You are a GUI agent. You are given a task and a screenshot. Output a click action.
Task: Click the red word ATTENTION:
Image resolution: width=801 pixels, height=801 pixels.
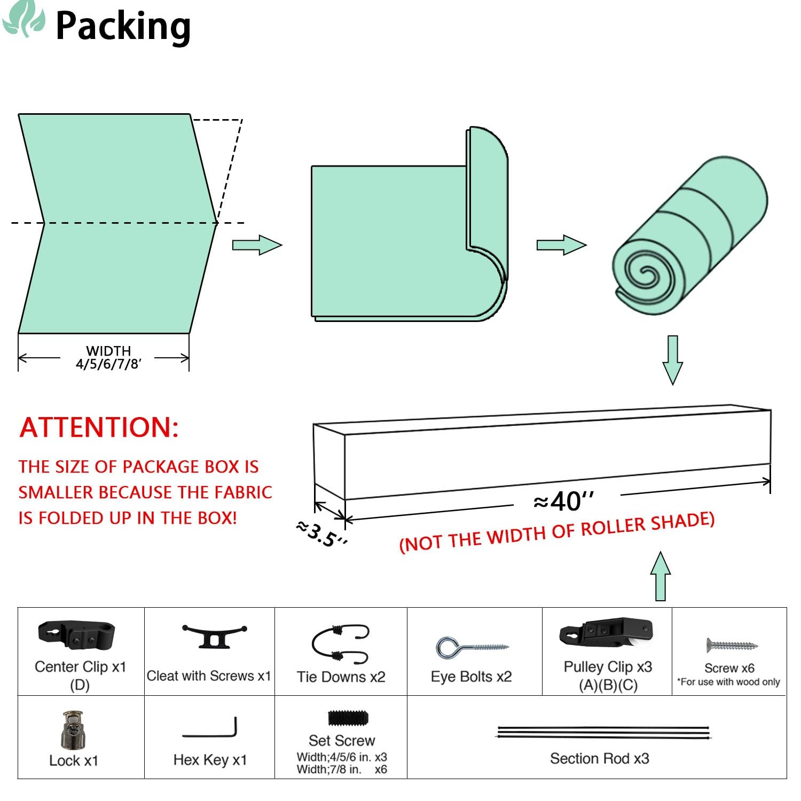coord(99,427)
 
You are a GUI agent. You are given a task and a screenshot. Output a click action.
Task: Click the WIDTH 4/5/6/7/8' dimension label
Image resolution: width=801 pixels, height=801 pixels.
coord(108,357)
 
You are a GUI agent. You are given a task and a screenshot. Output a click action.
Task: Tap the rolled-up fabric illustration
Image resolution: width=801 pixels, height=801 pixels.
coord(689,235)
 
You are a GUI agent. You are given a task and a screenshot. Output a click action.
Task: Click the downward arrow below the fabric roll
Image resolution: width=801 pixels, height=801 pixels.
coord(673,360)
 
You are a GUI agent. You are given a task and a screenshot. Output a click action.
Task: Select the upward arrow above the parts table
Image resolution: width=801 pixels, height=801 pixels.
coord(661,576)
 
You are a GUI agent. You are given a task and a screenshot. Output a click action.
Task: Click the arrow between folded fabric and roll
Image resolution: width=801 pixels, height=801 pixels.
coord(562,245)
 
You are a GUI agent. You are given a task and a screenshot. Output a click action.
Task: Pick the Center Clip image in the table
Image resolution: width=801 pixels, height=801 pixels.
coord(76,634)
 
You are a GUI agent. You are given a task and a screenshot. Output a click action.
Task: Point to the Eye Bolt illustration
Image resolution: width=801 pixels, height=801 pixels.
coord(472,648)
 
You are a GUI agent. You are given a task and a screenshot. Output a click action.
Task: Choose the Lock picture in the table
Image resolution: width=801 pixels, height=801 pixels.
coord(73,729)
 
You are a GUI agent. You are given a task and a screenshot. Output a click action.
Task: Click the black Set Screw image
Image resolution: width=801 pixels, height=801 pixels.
coord(348,718)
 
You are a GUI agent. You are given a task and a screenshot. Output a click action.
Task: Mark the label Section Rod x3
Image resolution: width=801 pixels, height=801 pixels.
coord(600,758)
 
